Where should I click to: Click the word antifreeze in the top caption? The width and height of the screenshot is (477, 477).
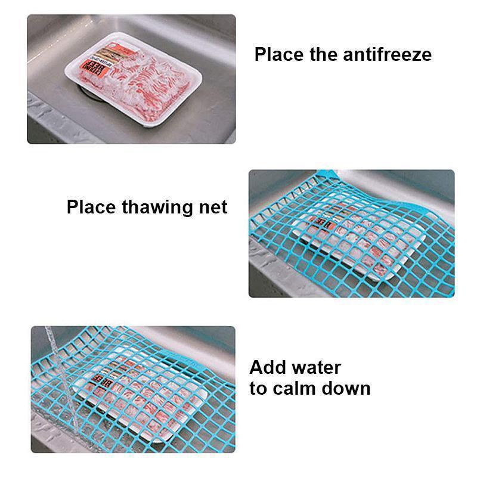pos(387,54)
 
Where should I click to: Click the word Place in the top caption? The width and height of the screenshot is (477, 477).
pos(280,54)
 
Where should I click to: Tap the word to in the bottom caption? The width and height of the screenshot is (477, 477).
pos(258,389)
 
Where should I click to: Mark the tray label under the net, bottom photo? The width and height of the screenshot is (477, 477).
pos(95,379)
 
